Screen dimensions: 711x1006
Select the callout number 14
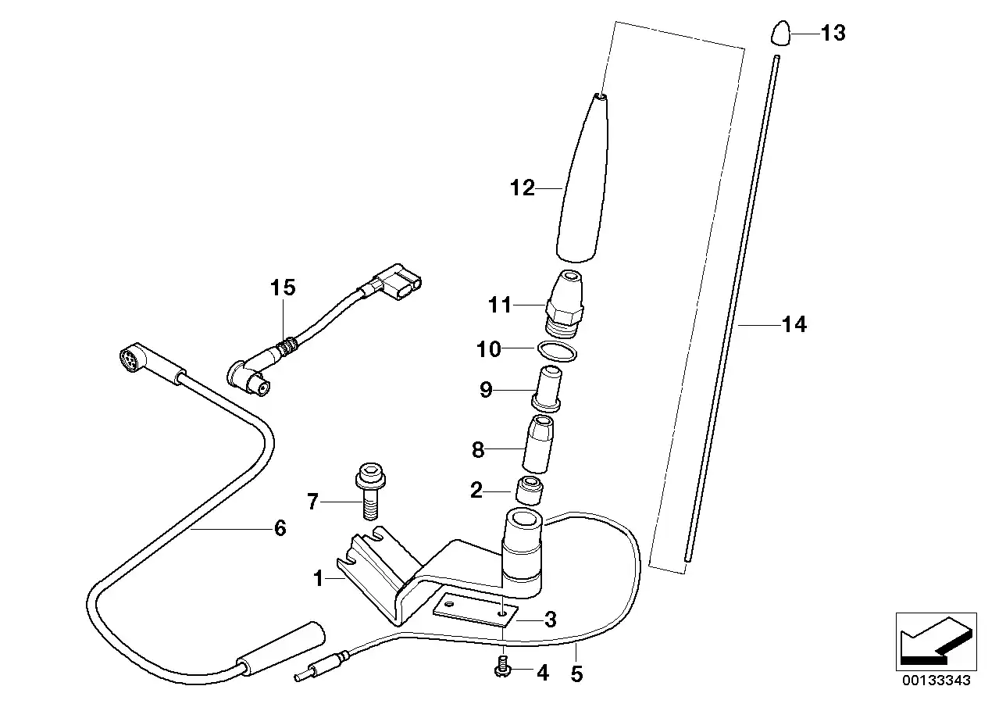click(794, 323)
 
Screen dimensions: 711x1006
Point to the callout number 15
click(284, 288)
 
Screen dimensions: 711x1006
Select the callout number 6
click(280, 528)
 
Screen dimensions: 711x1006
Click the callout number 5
click(576, 673)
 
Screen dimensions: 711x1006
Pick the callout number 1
click(318, 579)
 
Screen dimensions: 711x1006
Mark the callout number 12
click(523, 188)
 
